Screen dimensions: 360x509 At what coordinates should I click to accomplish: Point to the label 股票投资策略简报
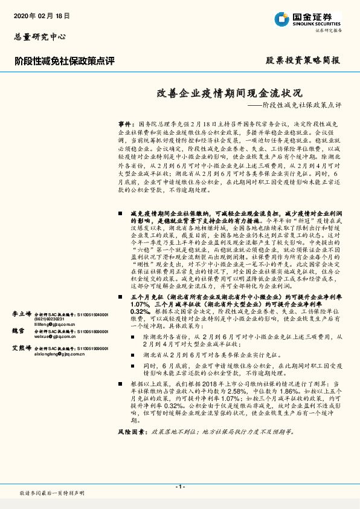pyautogui.click(x=303, y=60)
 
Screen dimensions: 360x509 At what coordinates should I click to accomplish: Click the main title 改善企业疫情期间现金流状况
pyautogui.click(x=226, y=94)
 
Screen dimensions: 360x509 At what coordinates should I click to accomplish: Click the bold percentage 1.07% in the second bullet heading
pyautogui.click(x=138, y=288)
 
